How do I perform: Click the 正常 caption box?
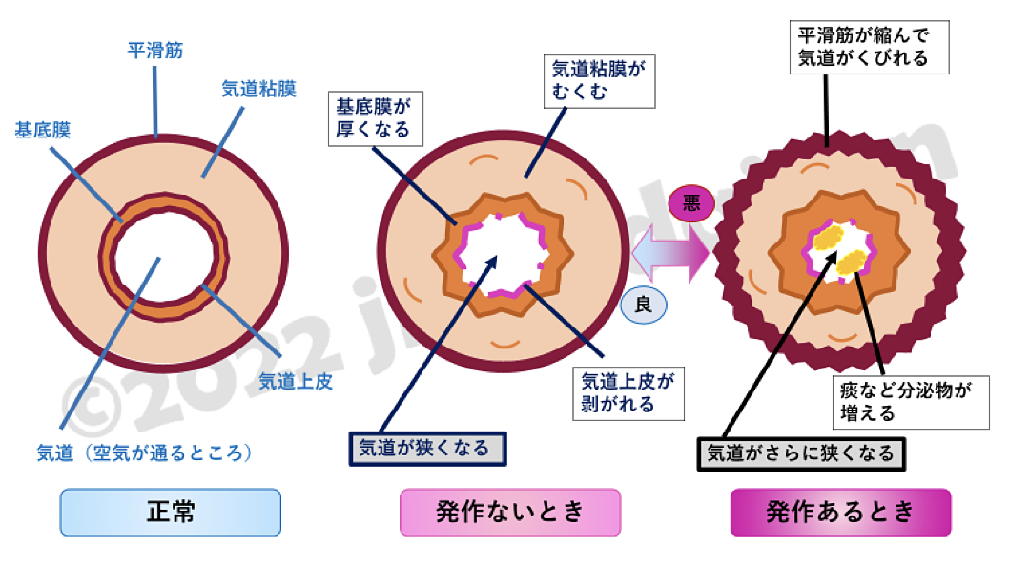[x=171, y=512]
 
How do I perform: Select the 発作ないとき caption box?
[x=509, y=512]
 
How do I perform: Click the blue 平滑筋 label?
[x=155, y=50]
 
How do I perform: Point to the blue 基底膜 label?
[x=43, y=131]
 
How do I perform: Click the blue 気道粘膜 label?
[x=258, y=89]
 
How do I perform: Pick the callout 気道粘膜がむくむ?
[x=600, y=81]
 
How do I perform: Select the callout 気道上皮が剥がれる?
[x=627, y=392]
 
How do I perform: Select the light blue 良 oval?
[x=644, y=306]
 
